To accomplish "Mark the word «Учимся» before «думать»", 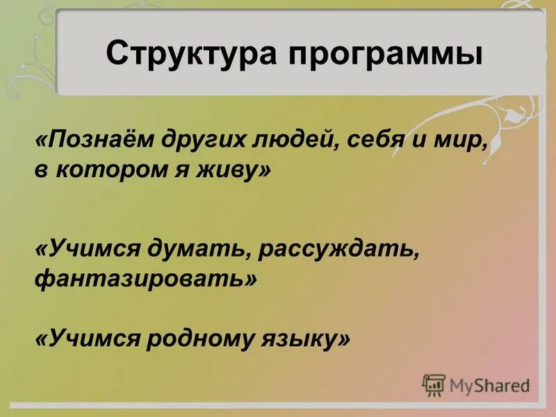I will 90,250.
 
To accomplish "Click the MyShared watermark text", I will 489,386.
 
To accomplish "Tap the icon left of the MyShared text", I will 434,385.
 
